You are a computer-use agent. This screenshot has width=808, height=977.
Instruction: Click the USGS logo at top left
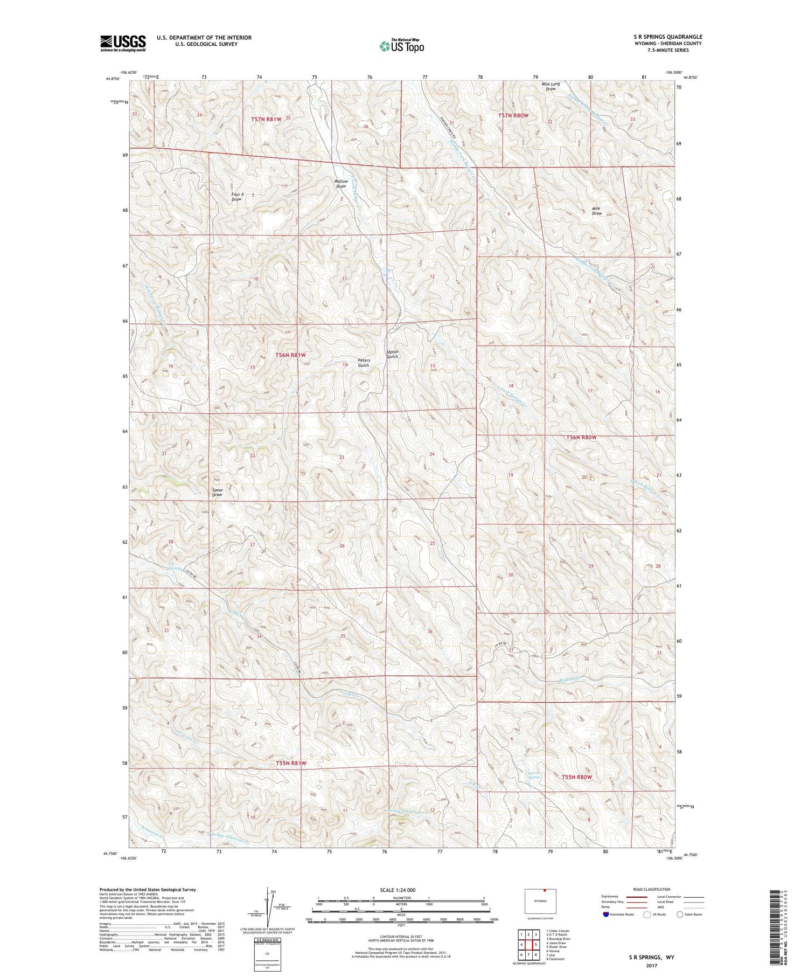pos(123,43)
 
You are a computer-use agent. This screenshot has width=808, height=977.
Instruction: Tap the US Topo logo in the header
pos(401,46)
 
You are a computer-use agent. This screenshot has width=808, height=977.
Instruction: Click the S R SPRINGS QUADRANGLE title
pos(668,37)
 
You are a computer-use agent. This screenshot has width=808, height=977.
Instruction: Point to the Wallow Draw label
pos(341,184)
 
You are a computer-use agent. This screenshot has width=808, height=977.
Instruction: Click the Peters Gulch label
pos(364,363)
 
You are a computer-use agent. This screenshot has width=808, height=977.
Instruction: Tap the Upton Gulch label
pos(393,354)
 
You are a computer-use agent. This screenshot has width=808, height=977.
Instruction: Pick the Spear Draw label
pos(217,493)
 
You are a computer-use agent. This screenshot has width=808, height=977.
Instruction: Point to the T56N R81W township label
pos(290,355)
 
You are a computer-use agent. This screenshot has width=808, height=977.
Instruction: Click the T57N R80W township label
pos(513,115)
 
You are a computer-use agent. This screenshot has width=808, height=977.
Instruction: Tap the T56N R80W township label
pos(581,438)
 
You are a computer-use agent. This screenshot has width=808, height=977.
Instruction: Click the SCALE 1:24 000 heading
pos(398,890)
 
